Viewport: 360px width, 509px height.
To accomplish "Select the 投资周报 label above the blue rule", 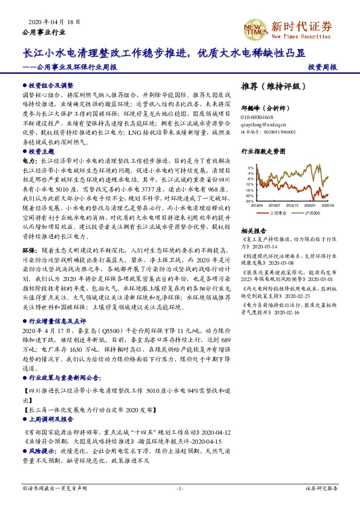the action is coord(322,67).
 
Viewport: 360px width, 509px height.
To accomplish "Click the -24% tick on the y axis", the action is coord(250,201).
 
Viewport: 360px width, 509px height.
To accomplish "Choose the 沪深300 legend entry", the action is coord(309,213).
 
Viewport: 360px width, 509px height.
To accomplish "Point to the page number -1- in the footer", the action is coord(180,488).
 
